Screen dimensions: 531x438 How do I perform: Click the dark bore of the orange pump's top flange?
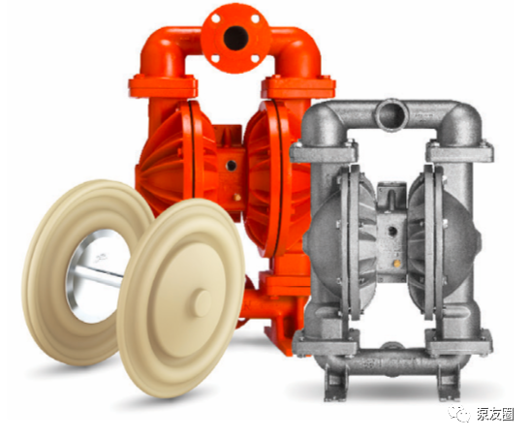[x=235, y=38]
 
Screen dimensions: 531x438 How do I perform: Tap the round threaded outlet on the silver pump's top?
[x=392, y=113]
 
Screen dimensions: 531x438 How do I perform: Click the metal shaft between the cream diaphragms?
[x=99, y=272]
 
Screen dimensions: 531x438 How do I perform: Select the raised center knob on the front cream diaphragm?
[x=203, y=303]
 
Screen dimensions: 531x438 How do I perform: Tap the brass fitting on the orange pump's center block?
[x=237, y=197]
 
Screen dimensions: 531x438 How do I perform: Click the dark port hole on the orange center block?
[x=232, y=166]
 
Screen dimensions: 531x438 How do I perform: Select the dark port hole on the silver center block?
[x=392, y=232]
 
